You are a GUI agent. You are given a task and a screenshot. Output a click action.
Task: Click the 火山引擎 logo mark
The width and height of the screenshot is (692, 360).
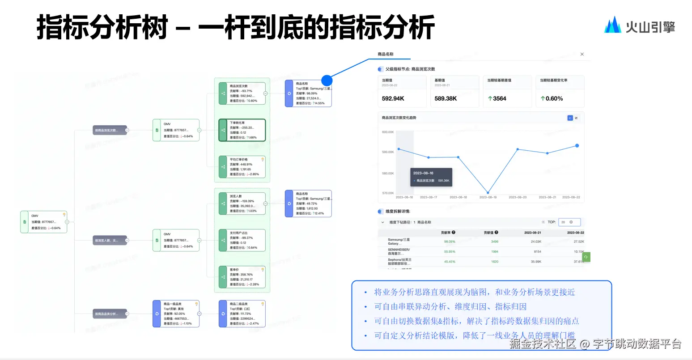pos(612,25)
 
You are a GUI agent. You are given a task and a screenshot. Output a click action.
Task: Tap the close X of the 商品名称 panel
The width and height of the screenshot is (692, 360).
pos(582,54)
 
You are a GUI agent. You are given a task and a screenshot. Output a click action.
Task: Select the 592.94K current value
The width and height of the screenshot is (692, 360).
pos(393,98)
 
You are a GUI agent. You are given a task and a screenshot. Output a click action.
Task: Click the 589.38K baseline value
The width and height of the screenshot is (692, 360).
pos(446,98)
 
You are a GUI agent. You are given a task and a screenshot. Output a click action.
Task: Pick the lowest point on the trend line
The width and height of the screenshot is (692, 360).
pos(488,193)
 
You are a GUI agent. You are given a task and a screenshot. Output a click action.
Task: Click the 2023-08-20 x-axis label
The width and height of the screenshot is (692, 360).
pos(518,197)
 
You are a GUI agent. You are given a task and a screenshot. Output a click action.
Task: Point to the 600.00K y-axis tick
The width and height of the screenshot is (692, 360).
pos(388,132)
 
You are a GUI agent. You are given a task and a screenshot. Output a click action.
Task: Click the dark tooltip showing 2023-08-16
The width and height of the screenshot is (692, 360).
pos(431,177)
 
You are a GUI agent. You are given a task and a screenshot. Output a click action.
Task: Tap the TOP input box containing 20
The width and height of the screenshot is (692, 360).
pos(569,222)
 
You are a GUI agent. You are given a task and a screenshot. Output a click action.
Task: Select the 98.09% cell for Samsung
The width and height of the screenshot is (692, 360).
pos(450,241)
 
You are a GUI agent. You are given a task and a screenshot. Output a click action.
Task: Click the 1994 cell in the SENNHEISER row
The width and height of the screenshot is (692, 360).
pos(494,252)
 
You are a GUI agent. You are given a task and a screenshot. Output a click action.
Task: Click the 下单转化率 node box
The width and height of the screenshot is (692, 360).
pos(242,130)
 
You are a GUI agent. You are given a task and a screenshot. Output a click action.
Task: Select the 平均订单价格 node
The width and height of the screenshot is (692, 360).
pos(242,167)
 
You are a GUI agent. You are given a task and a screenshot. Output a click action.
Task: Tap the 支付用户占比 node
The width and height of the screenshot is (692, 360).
pos(242,240)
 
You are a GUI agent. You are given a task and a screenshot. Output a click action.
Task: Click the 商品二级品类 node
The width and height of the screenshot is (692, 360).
pos(242,313)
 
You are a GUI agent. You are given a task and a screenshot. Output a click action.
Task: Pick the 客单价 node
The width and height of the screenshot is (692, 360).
pos(242,277)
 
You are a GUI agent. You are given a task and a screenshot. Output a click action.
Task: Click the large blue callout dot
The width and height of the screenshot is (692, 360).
pos(327,80)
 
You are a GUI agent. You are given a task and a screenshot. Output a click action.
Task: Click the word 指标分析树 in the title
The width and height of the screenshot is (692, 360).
pos(102,27)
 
